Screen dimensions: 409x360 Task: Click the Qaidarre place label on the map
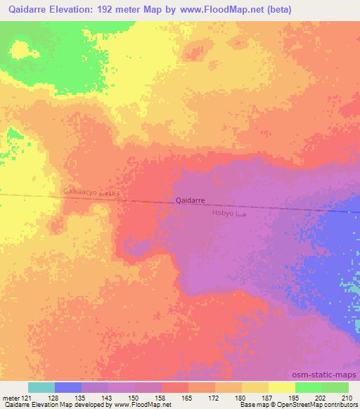click(190, 200)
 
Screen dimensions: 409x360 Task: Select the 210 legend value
click(346, 399)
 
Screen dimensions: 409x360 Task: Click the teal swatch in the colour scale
click(41, 387)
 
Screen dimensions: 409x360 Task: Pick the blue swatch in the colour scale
click(67, 387)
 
